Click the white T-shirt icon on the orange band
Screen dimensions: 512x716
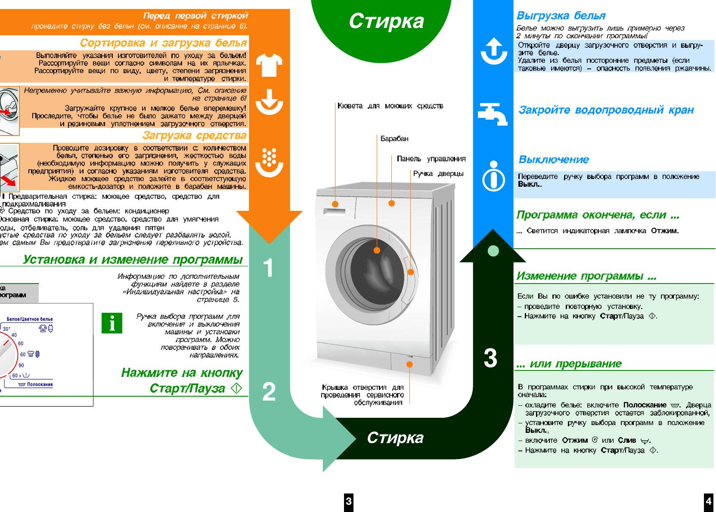[269, 65]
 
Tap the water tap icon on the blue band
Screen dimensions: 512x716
[493, 114]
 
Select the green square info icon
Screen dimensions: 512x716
[112, 323]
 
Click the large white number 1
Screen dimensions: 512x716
[268, 268]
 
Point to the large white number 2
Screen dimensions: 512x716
[269, 392]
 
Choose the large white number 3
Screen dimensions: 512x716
[490, 358]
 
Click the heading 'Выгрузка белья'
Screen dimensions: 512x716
[561, 16]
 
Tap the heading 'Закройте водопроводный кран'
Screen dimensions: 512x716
[606, 110]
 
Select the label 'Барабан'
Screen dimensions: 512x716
[394, 139]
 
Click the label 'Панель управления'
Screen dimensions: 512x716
[431, 159]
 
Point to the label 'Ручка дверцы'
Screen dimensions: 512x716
[438, 173]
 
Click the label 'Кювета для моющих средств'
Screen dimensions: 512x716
[390, 106]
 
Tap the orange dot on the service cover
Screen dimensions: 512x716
[409, 364]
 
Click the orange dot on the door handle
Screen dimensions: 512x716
[410, 272]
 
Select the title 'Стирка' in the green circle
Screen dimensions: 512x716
[386, 21]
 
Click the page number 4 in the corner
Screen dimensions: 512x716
[708, 501]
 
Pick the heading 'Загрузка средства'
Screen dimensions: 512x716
[194, 136]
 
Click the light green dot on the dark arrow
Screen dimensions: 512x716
[493, 250]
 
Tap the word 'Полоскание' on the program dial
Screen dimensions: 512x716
[40, 384]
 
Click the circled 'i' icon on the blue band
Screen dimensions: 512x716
[493, 176]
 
